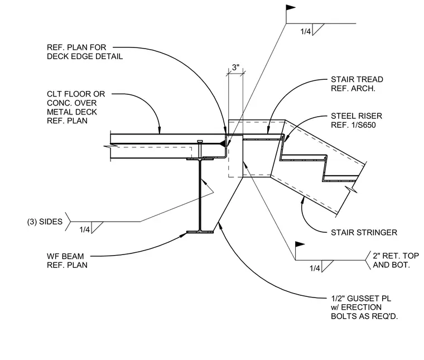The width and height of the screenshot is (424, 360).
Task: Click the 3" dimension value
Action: point(235,68)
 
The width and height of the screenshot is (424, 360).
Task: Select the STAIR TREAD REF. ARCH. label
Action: point(357,84)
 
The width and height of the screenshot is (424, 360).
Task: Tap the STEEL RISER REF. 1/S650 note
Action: point(356,121)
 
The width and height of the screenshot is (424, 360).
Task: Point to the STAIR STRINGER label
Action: point(364,232)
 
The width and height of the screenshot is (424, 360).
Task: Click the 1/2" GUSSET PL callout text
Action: point(364,308)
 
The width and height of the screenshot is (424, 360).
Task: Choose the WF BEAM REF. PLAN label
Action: point(67,261)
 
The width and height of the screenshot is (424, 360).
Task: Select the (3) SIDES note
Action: point(45,222)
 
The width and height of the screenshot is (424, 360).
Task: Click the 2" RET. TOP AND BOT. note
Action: point(396,260)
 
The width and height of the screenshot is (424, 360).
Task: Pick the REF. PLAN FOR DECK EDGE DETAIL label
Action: point(85,52)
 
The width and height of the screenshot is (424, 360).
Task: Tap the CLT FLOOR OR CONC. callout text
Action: point(76,107)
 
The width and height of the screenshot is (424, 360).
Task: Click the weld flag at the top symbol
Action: point(291,8)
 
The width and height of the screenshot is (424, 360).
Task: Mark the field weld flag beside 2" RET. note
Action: point(300,244)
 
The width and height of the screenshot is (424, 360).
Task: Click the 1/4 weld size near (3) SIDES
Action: point(85,229)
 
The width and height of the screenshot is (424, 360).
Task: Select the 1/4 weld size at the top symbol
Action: point(306,31)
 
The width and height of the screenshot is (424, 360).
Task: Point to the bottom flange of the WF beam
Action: point(200,232)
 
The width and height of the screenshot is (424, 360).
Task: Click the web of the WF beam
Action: point(200,195)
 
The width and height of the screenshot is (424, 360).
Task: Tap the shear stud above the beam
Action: point(200,149)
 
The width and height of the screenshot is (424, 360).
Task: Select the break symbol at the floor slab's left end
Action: point(110,146)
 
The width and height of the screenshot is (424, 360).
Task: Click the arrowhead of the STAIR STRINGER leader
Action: point(303,200)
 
